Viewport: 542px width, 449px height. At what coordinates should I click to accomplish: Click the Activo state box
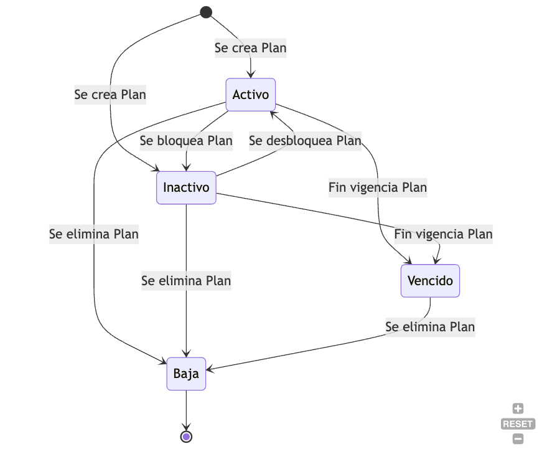(x=250, y=95)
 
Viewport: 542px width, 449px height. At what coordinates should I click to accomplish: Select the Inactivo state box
(x=186, y=187)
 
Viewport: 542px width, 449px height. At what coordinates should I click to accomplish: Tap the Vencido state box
(x=430, y=281)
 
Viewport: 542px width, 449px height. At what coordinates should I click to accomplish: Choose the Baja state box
(x=186, y=374)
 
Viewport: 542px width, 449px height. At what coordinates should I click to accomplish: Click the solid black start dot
(x=206, y=12)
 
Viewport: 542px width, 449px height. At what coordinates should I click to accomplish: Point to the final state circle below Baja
(x=186, y=437)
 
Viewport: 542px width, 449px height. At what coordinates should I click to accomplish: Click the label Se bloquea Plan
(x=186, y=141)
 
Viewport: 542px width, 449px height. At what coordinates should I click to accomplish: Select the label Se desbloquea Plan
(x=305, y=141)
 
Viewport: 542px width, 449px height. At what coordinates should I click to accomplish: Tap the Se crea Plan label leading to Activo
(x=250, y=48)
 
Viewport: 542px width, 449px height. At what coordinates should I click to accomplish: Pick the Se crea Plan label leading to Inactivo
(x=110, y=95)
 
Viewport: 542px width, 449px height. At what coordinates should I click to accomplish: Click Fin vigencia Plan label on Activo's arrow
(x=378, y=187)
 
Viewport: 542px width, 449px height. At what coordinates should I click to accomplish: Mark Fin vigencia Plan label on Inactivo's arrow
(x=443, y=234)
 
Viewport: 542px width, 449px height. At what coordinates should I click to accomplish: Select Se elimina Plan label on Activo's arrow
(x=94, y=234)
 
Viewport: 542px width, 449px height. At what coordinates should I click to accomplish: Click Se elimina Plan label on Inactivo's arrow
(x=186, y=281)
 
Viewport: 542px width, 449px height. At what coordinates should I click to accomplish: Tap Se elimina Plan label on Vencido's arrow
(x=430, y=327)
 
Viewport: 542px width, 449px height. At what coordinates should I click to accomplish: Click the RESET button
(x=518, y=424)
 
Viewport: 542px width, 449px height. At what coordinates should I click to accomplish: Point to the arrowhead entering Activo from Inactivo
(x=272, y=115)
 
